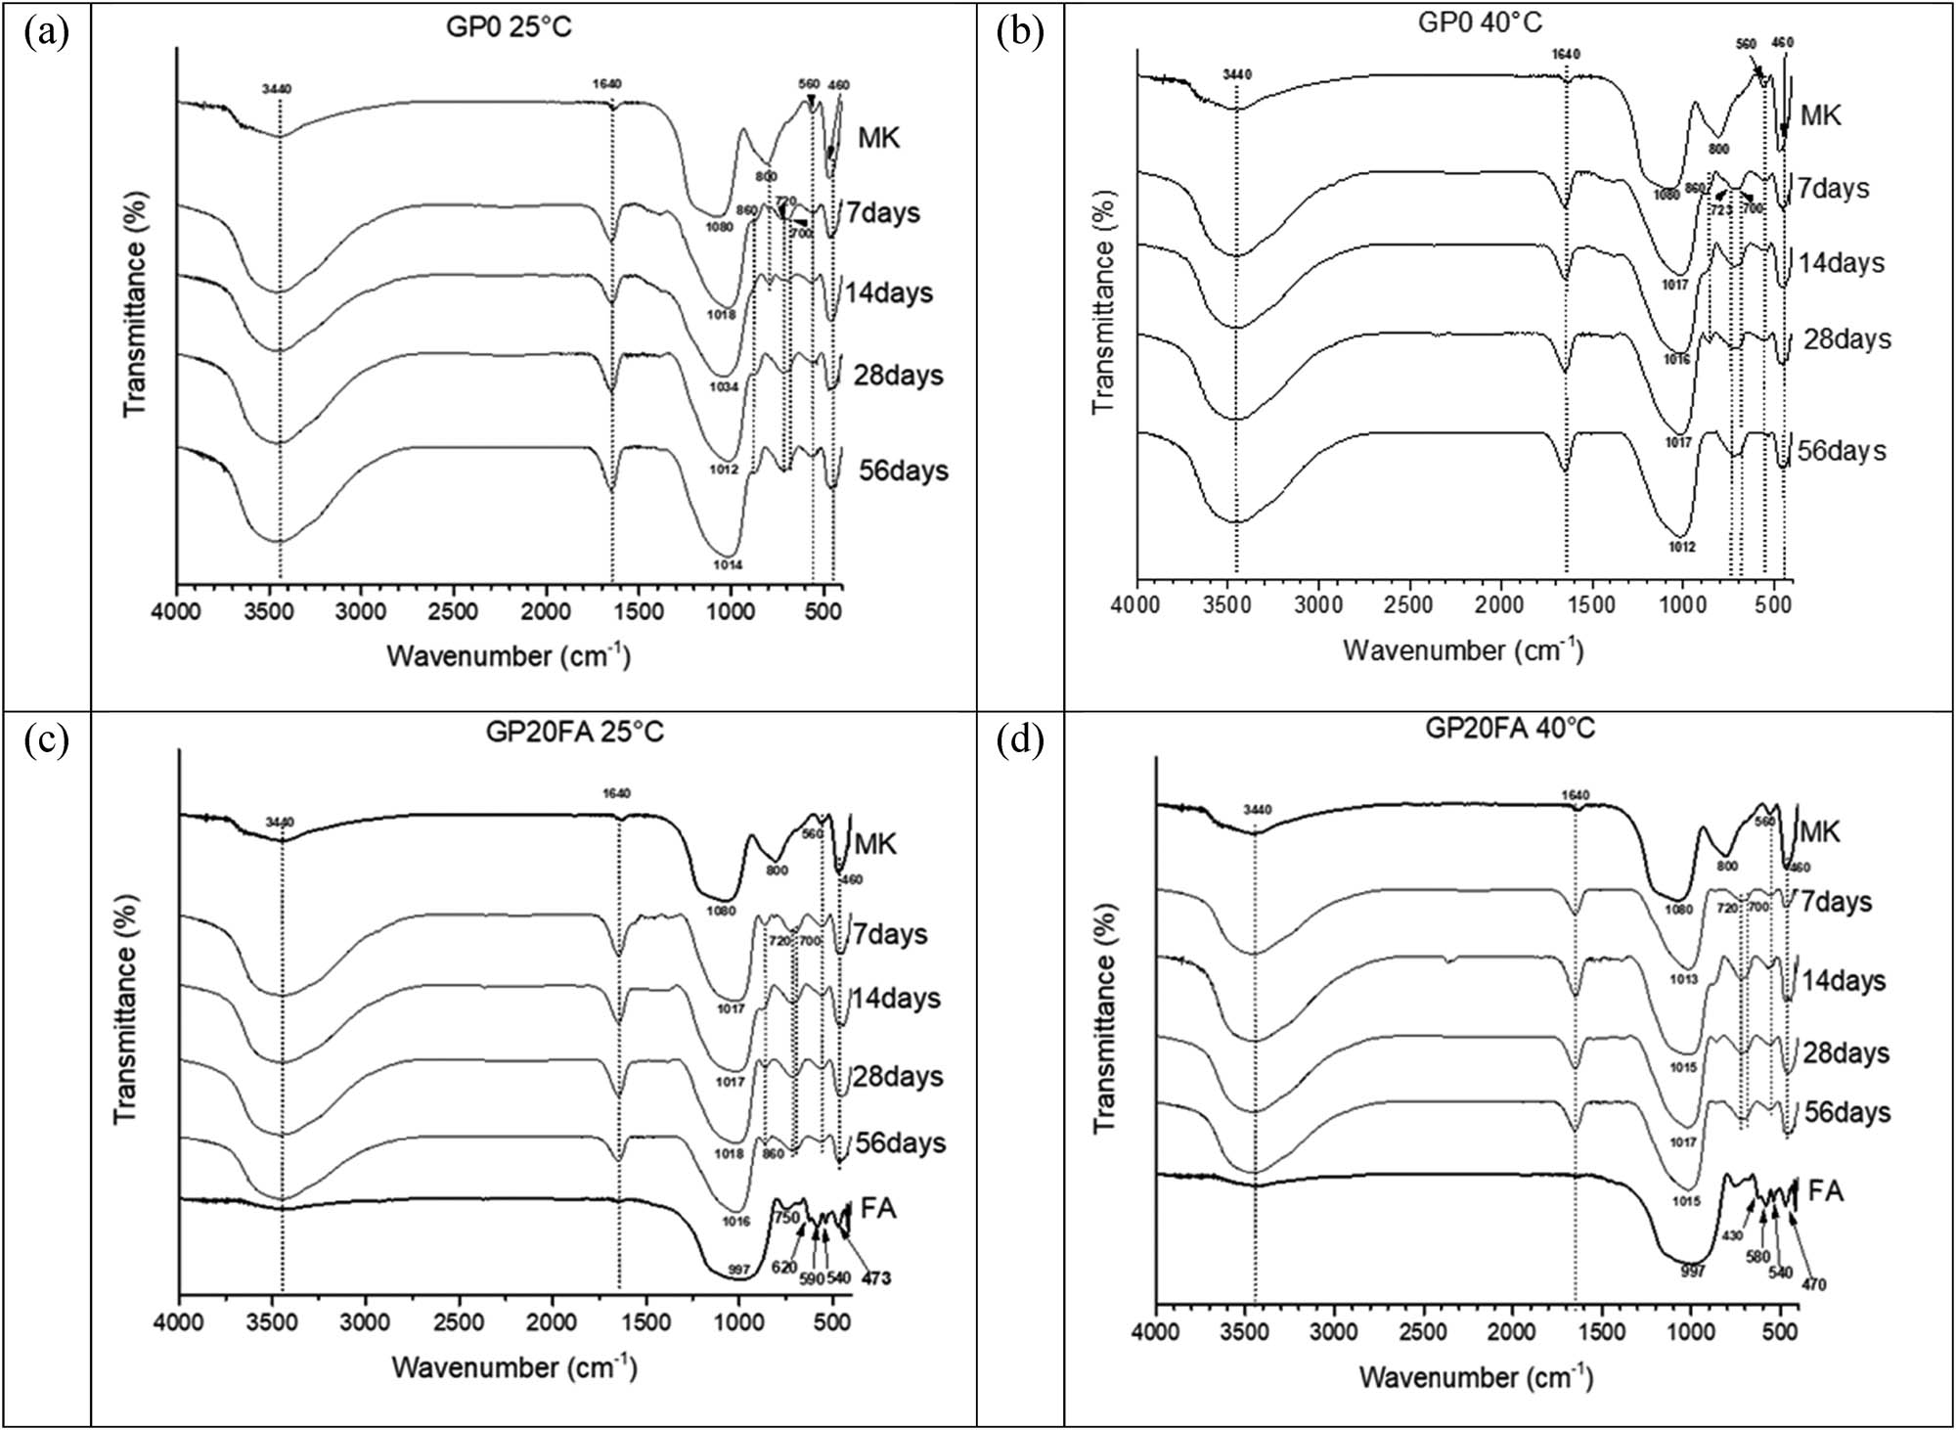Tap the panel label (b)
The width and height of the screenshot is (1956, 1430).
[x=1020, y=31]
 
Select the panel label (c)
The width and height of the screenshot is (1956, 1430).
[x=46, y=740]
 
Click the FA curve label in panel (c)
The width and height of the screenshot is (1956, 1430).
[x=877, y=1209]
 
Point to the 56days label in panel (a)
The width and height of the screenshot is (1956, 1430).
[x=903, y=470]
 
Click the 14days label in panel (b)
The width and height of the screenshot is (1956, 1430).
[x=1842, y=263]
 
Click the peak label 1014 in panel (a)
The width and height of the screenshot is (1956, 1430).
[x=728, y=565]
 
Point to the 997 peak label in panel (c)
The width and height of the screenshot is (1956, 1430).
[x=738, y=1270]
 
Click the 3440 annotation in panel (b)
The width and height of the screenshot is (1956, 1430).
[x=1237, y=74]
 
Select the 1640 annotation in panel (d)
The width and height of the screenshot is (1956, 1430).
[x=1576, y=795]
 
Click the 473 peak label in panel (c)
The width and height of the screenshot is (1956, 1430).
[x=875, y=1278]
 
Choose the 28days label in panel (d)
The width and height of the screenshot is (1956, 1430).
[x=1846, y=1053]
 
